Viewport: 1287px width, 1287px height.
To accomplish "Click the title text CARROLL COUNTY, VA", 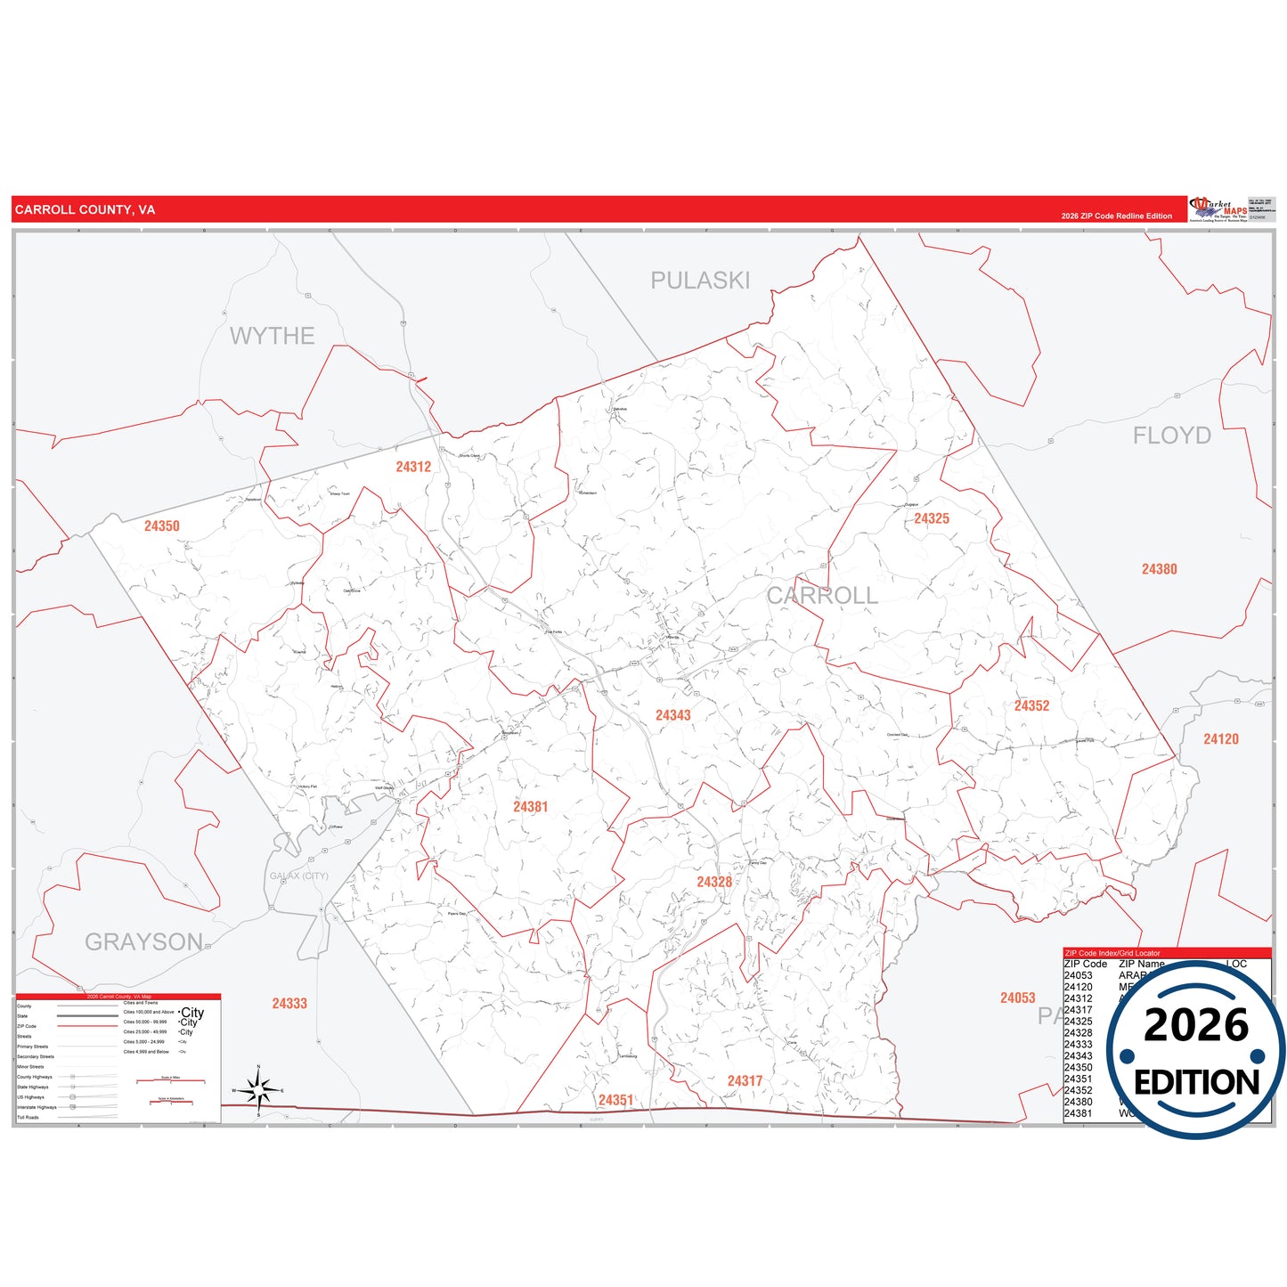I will coord(85,210).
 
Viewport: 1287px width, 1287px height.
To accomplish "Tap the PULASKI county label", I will coord(700,281).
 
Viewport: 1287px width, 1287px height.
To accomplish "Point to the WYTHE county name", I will coord(273,336).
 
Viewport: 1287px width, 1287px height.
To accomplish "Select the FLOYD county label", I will coord(1171,436).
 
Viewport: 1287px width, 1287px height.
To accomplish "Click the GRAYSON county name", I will coord(143,941).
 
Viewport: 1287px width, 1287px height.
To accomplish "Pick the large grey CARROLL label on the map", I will coord(822,596).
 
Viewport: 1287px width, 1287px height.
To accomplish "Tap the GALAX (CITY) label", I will coord(299,876).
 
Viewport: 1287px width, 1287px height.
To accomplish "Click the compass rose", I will coord(258,1089).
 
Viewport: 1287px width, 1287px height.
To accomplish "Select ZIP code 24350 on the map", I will coord(162,526).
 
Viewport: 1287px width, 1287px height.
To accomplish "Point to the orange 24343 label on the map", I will coord(673,715).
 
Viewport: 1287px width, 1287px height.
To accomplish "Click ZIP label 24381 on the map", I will coord(531,807).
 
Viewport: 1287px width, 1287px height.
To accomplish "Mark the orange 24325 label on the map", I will coord(932,518).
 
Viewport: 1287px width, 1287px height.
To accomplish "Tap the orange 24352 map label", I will coord(1031,705).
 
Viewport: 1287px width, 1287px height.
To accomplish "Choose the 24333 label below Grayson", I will coord(289,1004).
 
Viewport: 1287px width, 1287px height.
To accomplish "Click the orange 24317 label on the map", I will coord(745,1081).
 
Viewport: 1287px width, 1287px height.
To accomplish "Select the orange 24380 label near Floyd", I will coord(1160,569).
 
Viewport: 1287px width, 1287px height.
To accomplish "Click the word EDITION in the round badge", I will coord(1196,1082).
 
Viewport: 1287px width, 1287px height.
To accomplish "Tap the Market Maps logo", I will coord(1218,209).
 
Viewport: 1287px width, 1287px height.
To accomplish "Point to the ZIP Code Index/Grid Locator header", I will coord(1112,953).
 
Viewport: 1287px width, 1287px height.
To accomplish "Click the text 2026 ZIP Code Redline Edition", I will coord(1116,216).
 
